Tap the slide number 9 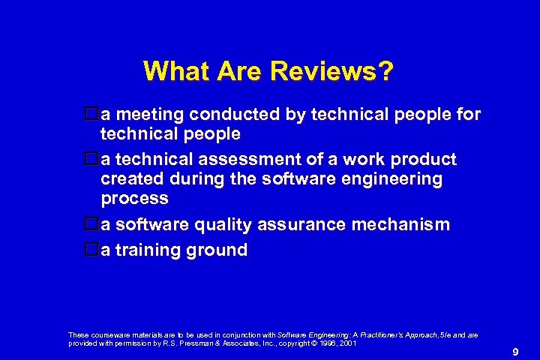(515, 352)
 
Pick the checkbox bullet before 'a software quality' (92, 224)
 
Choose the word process (134, 199)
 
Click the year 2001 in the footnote (347, 343)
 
